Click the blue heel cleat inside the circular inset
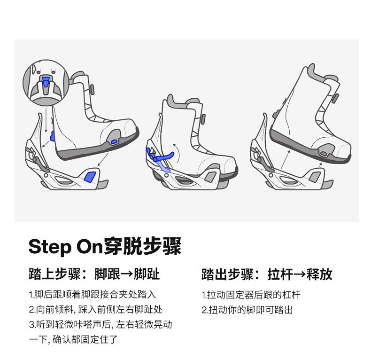(x=46, y=81)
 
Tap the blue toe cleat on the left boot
(x=114, y=141)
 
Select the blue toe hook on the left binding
(x=90, y=177)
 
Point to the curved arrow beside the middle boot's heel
(x=177, y=153)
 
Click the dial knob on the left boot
(x=92, y=89)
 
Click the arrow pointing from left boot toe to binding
(x=103, y=159)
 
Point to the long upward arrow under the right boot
(x=285, y=159)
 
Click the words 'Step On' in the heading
(x=66, y=247)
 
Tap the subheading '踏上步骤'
(x=55, y=274)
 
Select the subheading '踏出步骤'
(x=228, y=274)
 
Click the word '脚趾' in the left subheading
(x=147, y=274)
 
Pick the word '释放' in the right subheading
(x=320, y=274)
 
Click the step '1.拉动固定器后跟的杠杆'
(x=251, y=295)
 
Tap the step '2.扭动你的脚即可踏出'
(x=247, y=310)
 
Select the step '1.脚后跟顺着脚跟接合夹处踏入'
(x=92, y=294)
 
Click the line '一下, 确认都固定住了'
(x=73, y=339)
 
